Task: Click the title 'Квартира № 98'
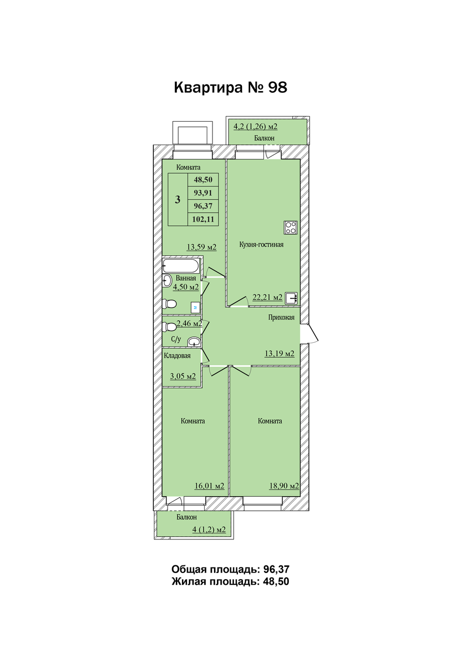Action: pyautogui.click(x=230, y=87)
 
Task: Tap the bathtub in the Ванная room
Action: pyautogui.click(x=181, y=265)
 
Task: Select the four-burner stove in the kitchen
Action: pyautogui.click(x=291, y=227)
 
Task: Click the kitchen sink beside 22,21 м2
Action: pyautogui.click(x=291, y=298)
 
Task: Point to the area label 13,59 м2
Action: pyautogui.click(x=202, y=247)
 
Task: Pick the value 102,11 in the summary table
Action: pyautogui.click(x=203, y=219)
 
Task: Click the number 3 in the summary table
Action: pyautogui.click(x=178, y=200)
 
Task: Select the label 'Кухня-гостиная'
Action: pyautogui.click(x=261, y=244)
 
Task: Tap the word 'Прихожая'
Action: pyautogui.click(x=281, y=317)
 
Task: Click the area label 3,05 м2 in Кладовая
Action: pyautogui.click(x=183, y=376)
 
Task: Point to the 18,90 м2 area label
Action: pyautogui.click(x=284, y=486)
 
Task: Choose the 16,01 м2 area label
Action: pyautogui.click(x=209, y=486)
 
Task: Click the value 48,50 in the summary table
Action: pyautogui.click(x=203, y=180)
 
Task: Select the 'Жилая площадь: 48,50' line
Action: pyautogui.click(x=230, y=582)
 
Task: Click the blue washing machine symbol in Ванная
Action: pyautogui.click(x=195, y=307)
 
